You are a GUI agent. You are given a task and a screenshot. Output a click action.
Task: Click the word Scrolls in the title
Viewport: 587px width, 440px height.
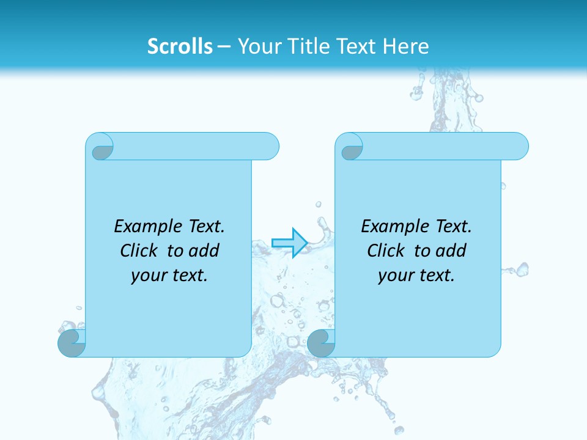(x=180, y=46)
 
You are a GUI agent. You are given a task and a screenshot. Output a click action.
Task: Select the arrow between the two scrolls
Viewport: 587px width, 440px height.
(x=289, y=243)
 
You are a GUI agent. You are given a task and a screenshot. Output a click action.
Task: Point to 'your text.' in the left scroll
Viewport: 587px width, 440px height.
(x=169, y=276)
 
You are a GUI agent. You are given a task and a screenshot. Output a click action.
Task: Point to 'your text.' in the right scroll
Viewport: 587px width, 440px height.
(x=416, y=276)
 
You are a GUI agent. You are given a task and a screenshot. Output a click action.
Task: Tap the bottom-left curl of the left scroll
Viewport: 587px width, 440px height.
(x=72, y=343)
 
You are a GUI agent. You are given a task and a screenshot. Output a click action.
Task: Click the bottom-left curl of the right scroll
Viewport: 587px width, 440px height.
(x=321, y=343)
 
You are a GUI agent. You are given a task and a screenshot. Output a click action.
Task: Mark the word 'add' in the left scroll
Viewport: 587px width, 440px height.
(x=205, y=251)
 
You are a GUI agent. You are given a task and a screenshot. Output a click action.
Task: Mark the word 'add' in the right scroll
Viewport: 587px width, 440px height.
(x=452, y=251)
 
